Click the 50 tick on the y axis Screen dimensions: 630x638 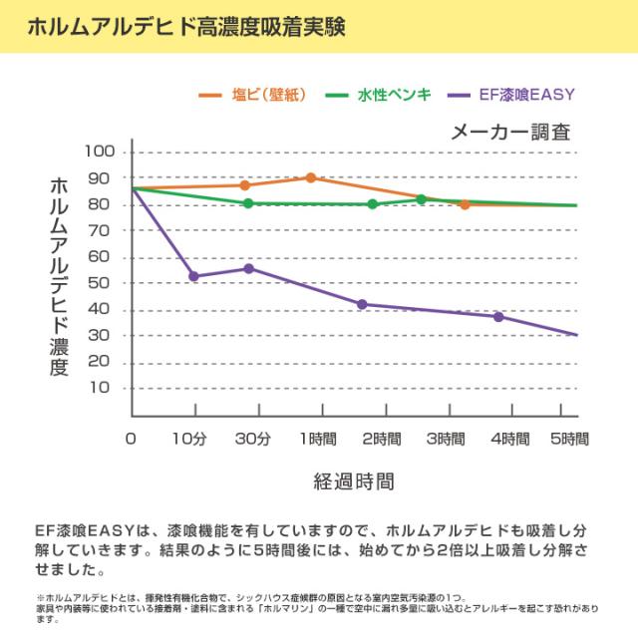click(x=106, y=284)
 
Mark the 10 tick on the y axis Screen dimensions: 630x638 click(x=106, y=389)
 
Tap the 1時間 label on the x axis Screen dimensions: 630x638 click(x=318, y=439)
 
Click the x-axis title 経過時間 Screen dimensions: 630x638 click(x=354, y=482)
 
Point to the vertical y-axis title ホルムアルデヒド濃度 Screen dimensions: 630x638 click(x=58, y=277)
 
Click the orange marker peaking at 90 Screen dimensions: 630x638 click(x=311, y=177)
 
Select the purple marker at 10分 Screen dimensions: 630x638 click(x=193, y=276)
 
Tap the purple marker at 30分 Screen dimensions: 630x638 click(x=249, y=268)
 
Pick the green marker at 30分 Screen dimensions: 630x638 click(x=248, y=203)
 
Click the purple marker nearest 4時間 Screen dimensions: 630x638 click(x=498, y=317)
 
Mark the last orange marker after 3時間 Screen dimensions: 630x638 click(x=465, y=204)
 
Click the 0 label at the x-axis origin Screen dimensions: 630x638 click(x=131, y=439)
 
